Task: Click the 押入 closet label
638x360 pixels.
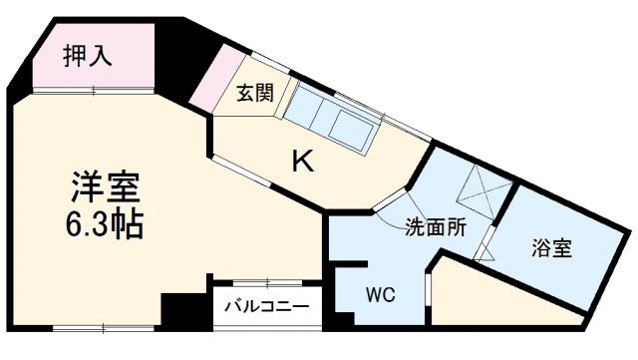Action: coord(88,56)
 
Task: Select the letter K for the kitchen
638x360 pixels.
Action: coord(301,160)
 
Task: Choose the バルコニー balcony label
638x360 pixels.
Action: coord(266,306)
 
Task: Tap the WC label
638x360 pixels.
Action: coord(380,295)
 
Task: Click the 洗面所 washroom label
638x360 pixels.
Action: coord(436,226)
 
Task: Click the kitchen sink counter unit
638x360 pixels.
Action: coord(334,119)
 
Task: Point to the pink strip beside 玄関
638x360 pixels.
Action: coord(211,80)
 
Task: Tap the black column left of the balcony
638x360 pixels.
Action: coord(182,306)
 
